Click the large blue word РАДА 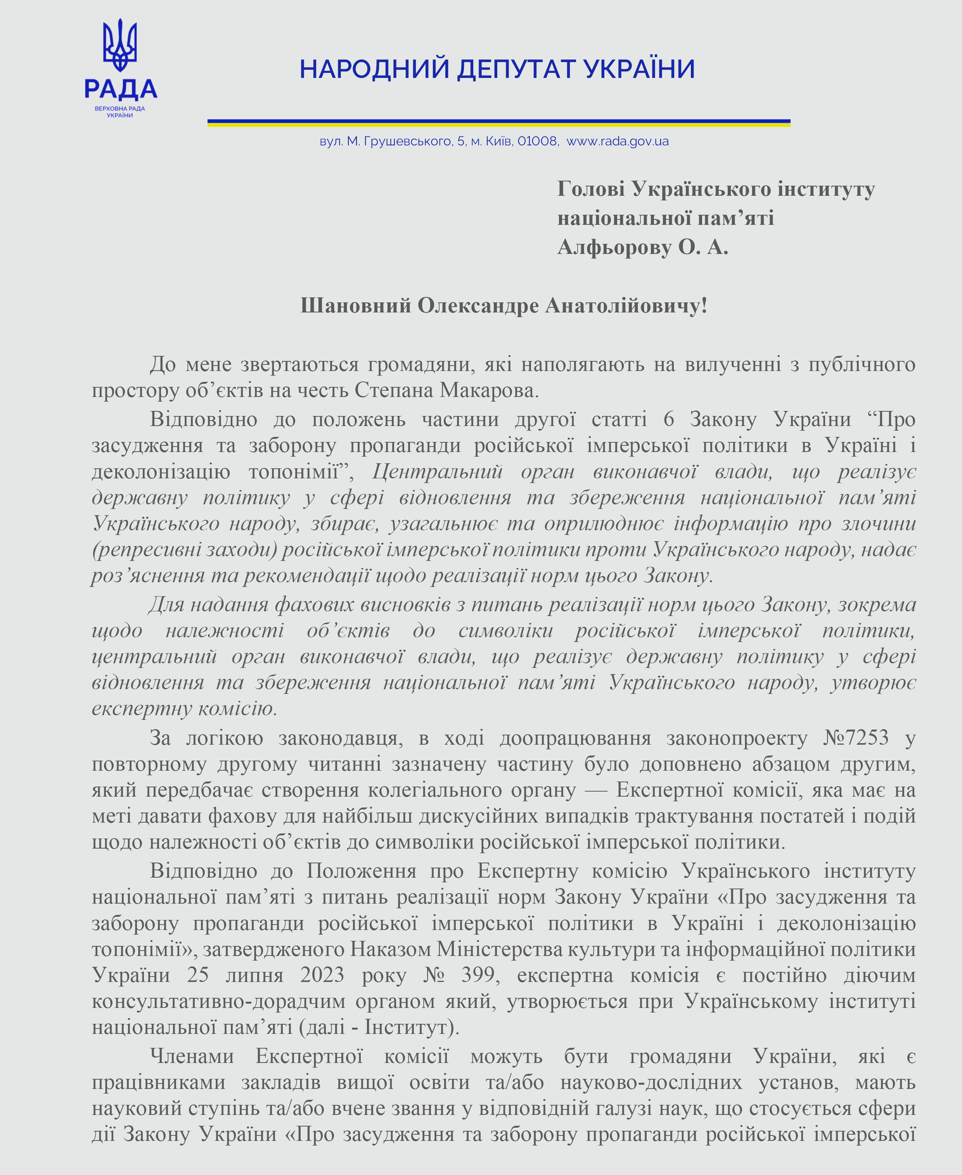point(121,89)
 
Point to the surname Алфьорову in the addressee point(614,247)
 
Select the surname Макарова point(489,390)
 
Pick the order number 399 point(478,975)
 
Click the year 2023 point(322,975)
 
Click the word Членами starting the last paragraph point(192,1056)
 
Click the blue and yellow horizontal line point(499,123)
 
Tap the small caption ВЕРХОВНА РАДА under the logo point(120,109)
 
